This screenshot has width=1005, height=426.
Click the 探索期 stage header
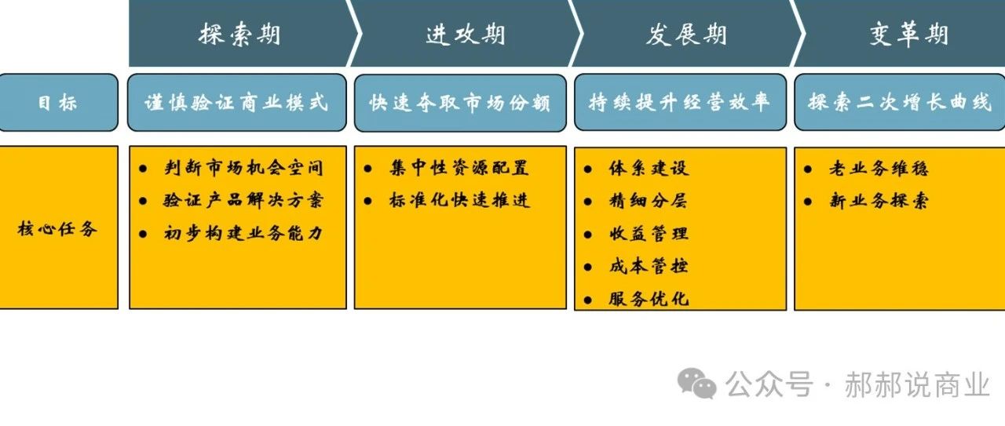click(239, 35)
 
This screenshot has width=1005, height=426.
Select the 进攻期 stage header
click(466, 35)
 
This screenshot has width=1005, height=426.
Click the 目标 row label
click(58, 103)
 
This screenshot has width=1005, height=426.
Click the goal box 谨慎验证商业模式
click(236, 103)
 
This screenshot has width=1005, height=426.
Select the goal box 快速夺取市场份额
click(460, 103)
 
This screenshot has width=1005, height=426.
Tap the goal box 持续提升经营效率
click(680, 103)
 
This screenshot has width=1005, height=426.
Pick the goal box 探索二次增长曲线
click(900, 103)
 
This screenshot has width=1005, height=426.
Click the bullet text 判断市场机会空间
click(243, 168)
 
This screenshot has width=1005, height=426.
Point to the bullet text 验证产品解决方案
click(243, 201)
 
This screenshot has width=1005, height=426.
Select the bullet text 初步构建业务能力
click(243, 234)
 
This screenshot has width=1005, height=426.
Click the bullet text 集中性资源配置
click(459, 168)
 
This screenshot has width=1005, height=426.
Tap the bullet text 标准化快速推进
click(459, 201)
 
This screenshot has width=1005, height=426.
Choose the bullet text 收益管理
click(648, 234)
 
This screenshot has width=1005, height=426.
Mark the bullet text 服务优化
click(648, 299)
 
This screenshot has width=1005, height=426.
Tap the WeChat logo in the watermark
click(698, 384)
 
